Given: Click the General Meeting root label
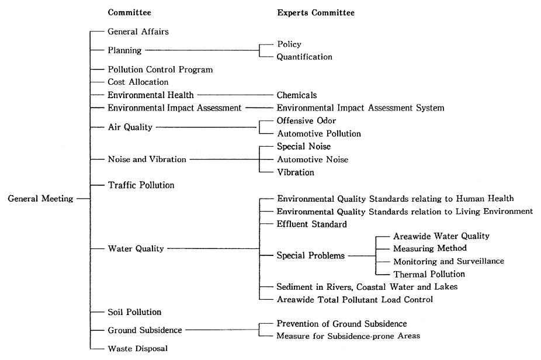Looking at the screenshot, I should click(x=40, y=199).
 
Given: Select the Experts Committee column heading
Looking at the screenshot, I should click(x=315, y=12).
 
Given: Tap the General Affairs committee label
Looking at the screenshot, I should click(x=138, y=32).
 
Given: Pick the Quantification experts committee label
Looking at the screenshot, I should click(x=304, y=57).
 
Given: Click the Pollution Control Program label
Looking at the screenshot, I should click(x=160, y=70).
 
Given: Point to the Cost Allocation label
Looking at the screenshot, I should click(x=138, y=82).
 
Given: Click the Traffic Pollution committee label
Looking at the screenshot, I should click(x=141, y=185).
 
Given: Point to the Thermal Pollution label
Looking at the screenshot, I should click(x=429, y=274).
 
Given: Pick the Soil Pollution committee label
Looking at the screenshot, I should click(x=134, y=312).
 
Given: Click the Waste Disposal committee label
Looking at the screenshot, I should click(x=138, y=348).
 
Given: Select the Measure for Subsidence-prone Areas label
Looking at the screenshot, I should click(x=348, y=336).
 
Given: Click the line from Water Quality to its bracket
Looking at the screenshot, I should click(x=213, y=248).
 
